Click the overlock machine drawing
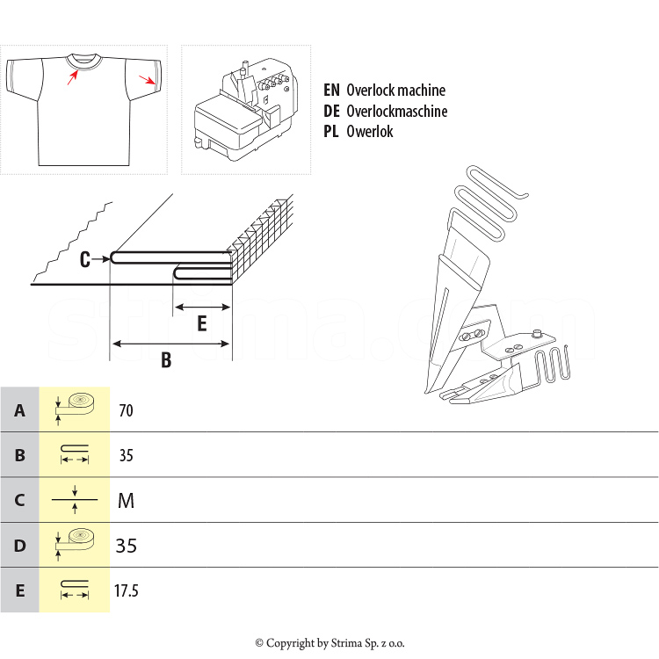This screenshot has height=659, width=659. (245, 109)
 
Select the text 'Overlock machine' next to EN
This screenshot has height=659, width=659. (395, 91)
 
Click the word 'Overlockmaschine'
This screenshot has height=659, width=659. (396, 112)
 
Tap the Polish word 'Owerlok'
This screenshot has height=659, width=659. (370, 132)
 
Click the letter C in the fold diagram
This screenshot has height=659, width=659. (85, 259)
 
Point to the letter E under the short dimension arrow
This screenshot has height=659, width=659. (201, 324)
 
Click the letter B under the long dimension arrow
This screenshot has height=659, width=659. (166, 360)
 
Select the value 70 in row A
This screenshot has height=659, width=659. (127, 410)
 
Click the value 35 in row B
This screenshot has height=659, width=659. (127, 456)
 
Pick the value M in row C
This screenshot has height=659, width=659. (126, 501)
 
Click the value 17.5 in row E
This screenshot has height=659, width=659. (127, 590)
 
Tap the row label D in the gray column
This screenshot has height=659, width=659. (19, 546)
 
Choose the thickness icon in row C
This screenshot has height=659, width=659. (75, 500)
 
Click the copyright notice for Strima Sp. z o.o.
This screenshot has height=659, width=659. (329, 643)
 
